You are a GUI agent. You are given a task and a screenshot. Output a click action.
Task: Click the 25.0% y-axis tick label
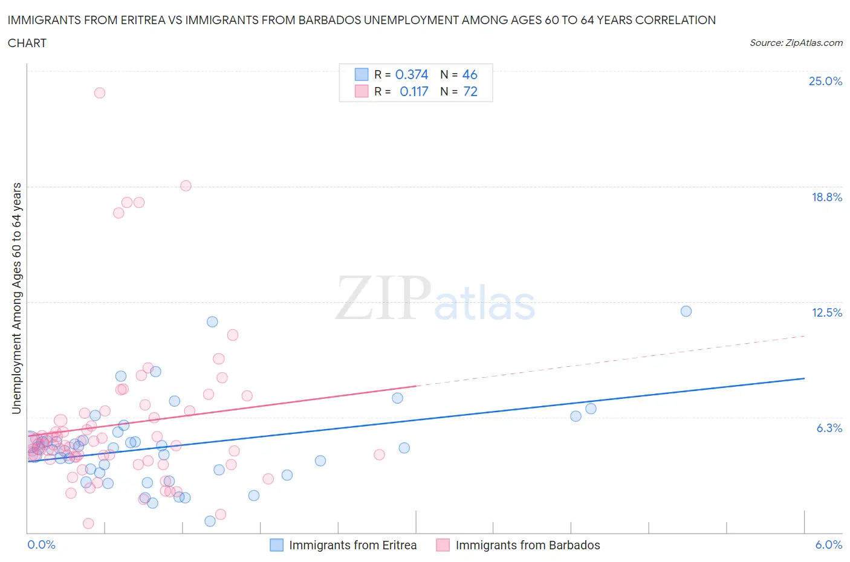[825, 81]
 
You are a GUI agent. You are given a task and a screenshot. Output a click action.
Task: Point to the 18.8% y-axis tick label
[826, 197]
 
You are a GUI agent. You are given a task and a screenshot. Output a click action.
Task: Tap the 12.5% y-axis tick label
[826, 312]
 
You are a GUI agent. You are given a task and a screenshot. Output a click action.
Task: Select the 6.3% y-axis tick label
[829, 428]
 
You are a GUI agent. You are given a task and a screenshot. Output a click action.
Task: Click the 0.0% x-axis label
[41, 544]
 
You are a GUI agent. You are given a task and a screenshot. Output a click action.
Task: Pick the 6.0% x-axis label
[828, 544]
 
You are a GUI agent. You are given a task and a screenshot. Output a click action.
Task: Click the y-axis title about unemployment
[16, 299]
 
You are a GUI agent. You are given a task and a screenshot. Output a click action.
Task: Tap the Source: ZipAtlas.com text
[796, 42]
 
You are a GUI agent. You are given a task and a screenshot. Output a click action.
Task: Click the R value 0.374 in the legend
[411, 74]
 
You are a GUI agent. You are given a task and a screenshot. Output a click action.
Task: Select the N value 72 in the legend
[470, 91]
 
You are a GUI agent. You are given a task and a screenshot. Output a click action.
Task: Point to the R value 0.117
[414, 91]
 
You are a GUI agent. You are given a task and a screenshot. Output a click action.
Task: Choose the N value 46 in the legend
[470, 74]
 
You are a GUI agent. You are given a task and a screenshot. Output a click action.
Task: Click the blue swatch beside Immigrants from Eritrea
[276, 545]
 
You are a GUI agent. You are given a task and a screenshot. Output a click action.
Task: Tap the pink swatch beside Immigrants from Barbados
[443, 545]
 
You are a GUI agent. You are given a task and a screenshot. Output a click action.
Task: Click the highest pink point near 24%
[100, 93]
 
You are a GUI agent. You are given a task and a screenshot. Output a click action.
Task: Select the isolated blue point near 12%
[686, 311]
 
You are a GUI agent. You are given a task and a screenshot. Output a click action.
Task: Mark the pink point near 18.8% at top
[186, 186]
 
